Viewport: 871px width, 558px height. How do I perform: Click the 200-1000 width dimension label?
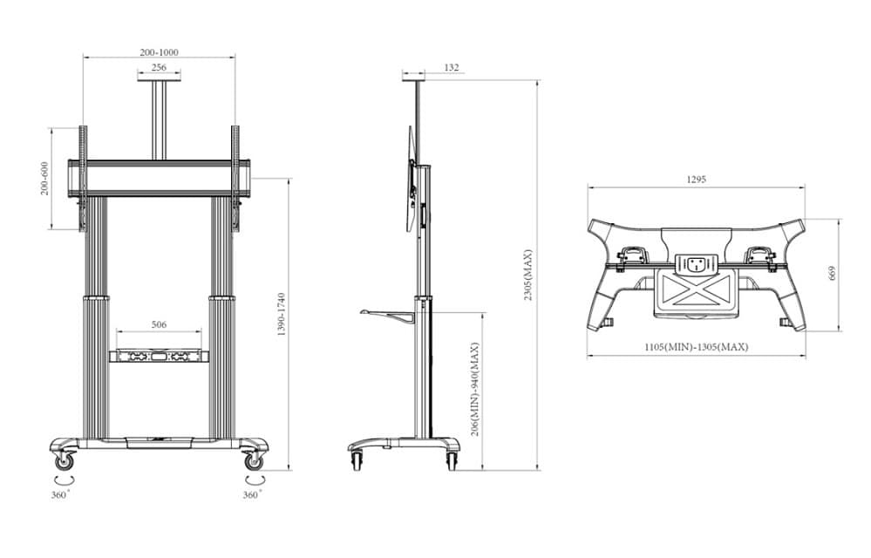(x=159, y=52)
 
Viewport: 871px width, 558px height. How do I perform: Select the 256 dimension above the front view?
(x=159, y=68)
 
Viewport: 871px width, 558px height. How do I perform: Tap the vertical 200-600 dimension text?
(x=44, y=179)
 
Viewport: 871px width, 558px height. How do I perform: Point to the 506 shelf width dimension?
(x=159, y=324)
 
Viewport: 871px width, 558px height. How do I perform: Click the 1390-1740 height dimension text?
(x=281, y=315)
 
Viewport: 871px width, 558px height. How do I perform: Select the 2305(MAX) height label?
(x=527, y=275)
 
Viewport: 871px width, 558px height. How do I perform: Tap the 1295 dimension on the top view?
(x=696, y=180)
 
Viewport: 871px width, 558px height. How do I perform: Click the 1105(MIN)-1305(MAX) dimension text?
(x=696, y=347)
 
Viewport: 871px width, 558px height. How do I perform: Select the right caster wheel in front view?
(x=253, y=459)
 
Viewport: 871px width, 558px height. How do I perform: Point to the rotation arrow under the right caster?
(x=254, y=479)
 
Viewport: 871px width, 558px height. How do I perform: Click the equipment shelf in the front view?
(x=159, y=356)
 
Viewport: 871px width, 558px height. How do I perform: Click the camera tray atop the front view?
(x=159, y=81)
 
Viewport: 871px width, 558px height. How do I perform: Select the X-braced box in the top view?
(x=696, y=287)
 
